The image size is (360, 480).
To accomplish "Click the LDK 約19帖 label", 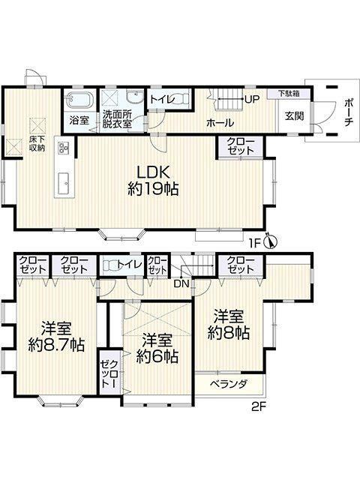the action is coord(153,181).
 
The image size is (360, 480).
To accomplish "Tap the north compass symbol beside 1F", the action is coord(271,241).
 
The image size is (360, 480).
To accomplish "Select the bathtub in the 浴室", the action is coord(78,100).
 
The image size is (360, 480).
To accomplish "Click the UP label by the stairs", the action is coord(251,99).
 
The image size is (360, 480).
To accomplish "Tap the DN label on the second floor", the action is coord(181,283).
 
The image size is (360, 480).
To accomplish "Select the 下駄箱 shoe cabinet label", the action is coord(289,93).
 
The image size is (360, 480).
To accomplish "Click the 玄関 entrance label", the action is coord(295,116).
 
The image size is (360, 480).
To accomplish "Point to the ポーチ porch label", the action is coord(349,112).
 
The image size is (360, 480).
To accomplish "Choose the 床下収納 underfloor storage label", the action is coord(37,143).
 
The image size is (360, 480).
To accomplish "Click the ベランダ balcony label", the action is coord(229,384).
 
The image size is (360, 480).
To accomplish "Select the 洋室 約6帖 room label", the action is coord(157,348).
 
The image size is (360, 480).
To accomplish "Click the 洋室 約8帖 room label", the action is coord(228,325).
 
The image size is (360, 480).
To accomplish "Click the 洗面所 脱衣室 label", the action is coord(117,119).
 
